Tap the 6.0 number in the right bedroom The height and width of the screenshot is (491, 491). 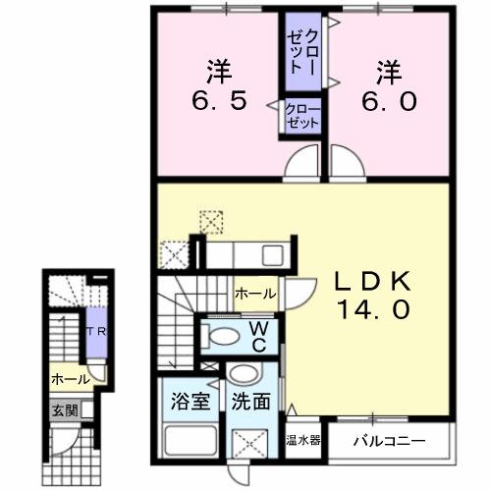click(390, 100)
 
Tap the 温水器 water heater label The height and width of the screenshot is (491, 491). click(303, 441)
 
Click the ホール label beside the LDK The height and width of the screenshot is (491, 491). click(255, 293)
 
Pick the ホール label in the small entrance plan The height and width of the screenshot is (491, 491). click(70, 378)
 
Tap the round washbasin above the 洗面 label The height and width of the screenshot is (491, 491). click(243, 374)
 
